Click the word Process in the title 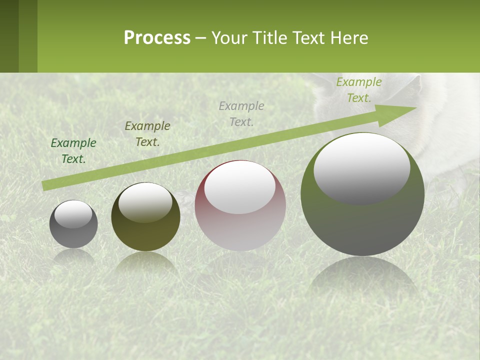tap(157, 38)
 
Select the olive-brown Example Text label tap(147, 134)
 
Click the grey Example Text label tap(241, 113)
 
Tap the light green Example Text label tap(359, 90)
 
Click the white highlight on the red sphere tap(240, 187)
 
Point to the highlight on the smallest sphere tap(73, 214)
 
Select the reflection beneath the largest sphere tap(363, 275)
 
